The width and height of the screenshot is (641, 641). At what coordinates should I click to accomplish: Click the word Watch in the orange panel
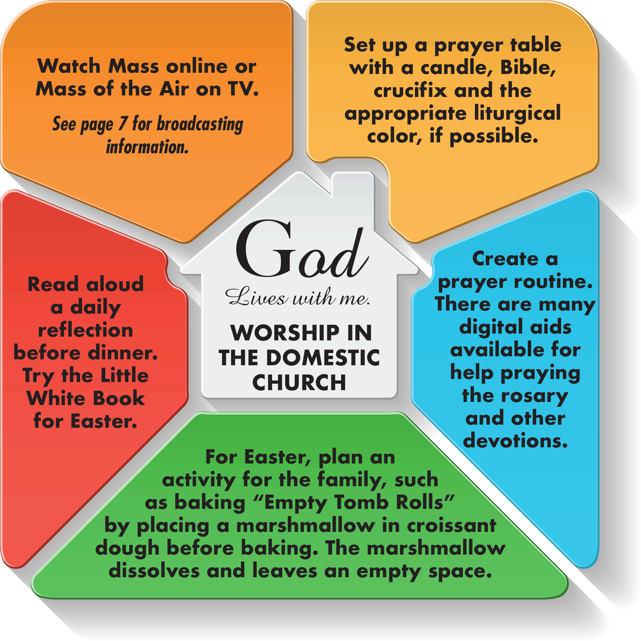coord(69,66)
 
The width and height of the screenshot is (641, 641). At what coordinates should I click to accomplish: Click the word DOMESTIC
coord(323,358)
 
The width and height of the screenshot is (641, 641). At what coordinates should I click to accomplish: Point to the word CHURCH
coord(299,382)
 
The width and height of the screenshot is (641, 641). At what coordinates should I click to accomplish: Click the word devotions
coord(515,440)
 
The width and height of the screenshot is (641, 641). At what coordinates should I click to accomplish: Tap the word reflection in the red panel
coord(85,330)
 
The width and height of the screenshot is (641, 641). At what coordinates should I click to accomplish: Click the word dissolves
coord(154,571)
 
